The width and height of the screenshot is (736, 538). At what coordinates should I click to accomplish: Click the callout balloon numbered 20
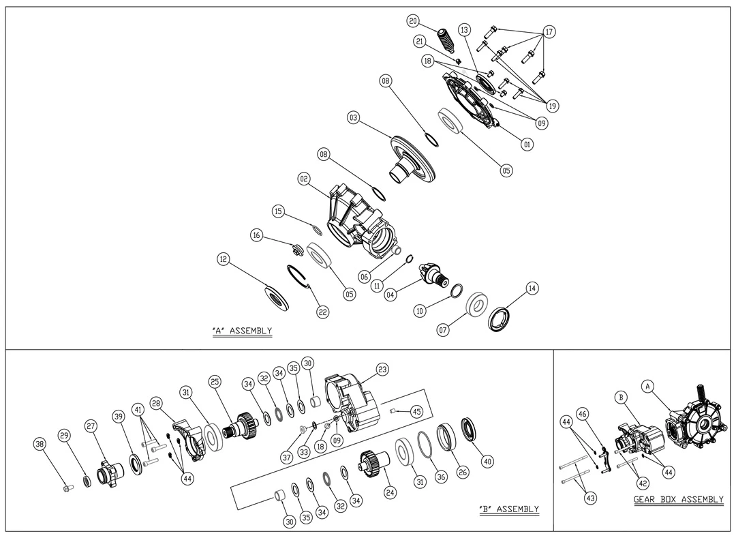[x=413, y=21]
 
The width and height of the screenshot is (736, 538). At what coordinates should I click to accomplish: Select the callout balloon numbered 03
[x=354, y=118]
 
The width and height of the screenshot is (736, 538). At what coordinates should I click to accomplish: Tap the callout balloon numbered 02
[x=305, y=178]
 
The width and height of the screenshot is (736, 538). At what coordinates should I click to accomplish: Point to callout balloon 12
[x=224, y=259]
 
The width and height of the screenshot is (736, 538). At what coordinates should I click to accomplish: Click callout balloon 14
[x=532, y=288]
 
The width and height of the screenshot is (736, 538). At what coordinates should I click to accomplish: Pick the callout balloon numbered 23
[x=382, y=370]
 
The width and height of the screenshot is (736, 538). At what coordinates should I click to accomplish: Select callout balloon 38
[x=40, y=444]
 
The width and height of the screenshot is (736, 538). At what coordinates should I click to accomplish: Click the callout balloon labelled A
[x=648, y=386]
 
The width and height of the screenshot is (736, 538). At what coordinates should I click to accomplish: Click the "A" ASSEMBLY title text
[x=242, y=331]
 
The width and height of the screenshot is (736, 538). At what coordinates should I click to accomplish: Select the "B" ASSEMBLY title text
[x=509, y=509]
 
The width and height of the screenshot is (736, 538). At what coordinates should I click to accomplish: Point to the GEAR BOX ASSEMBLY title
[x=678, y=500]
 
